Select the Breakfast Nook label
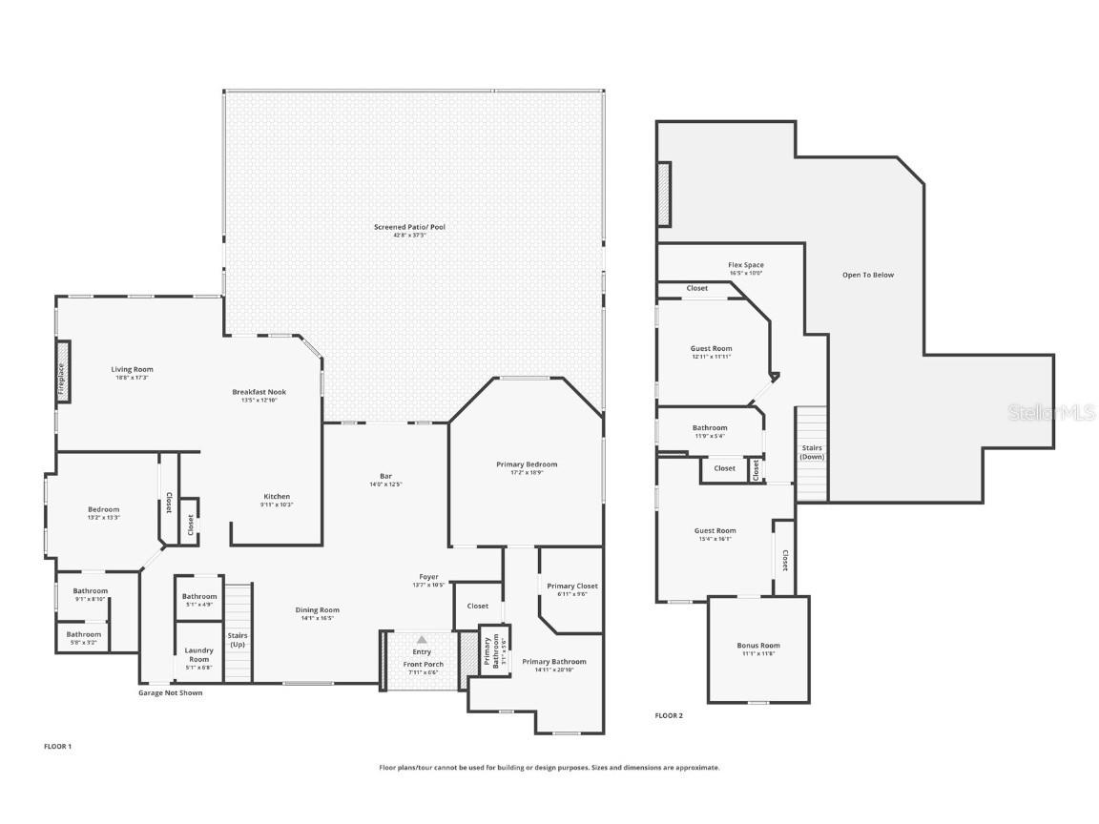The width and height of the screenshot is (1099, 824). click(259, 392)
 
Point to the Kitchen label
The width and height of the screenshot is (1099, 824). click(277, 496)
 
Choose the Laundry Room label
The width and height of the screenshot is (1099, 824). click(198, 654)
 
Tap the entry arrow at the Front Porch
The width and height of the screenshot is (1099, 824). click(422, 639)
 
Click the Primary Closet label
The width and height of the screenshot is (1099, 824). click(572, 586)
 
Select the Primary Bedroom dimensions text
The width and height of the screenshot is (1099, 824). click(527, 472)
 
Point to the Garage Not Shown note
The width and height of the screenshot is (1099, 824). click(170, 692)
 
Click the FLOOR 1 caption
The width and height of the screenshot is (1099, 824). click(57, 746)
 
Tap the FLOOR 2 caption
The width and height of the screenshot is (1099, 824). click(669, 714)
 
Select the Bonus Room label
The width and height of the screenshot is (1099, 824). click(757, 646)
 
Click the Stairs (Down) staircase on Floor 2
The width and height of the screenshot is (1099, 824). click(811, 453)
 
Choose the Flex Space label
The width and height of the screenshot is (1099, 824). click(746, 265)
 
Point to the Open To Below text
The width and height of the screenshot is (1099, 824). click(868, 275)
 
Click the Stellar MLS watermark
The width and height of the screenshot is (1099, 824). click(1052, 412)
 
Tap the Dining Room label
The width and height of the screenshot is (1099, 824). click(316, 609)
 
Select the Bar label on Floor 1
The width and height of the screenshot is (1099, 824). click(385, 476)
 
